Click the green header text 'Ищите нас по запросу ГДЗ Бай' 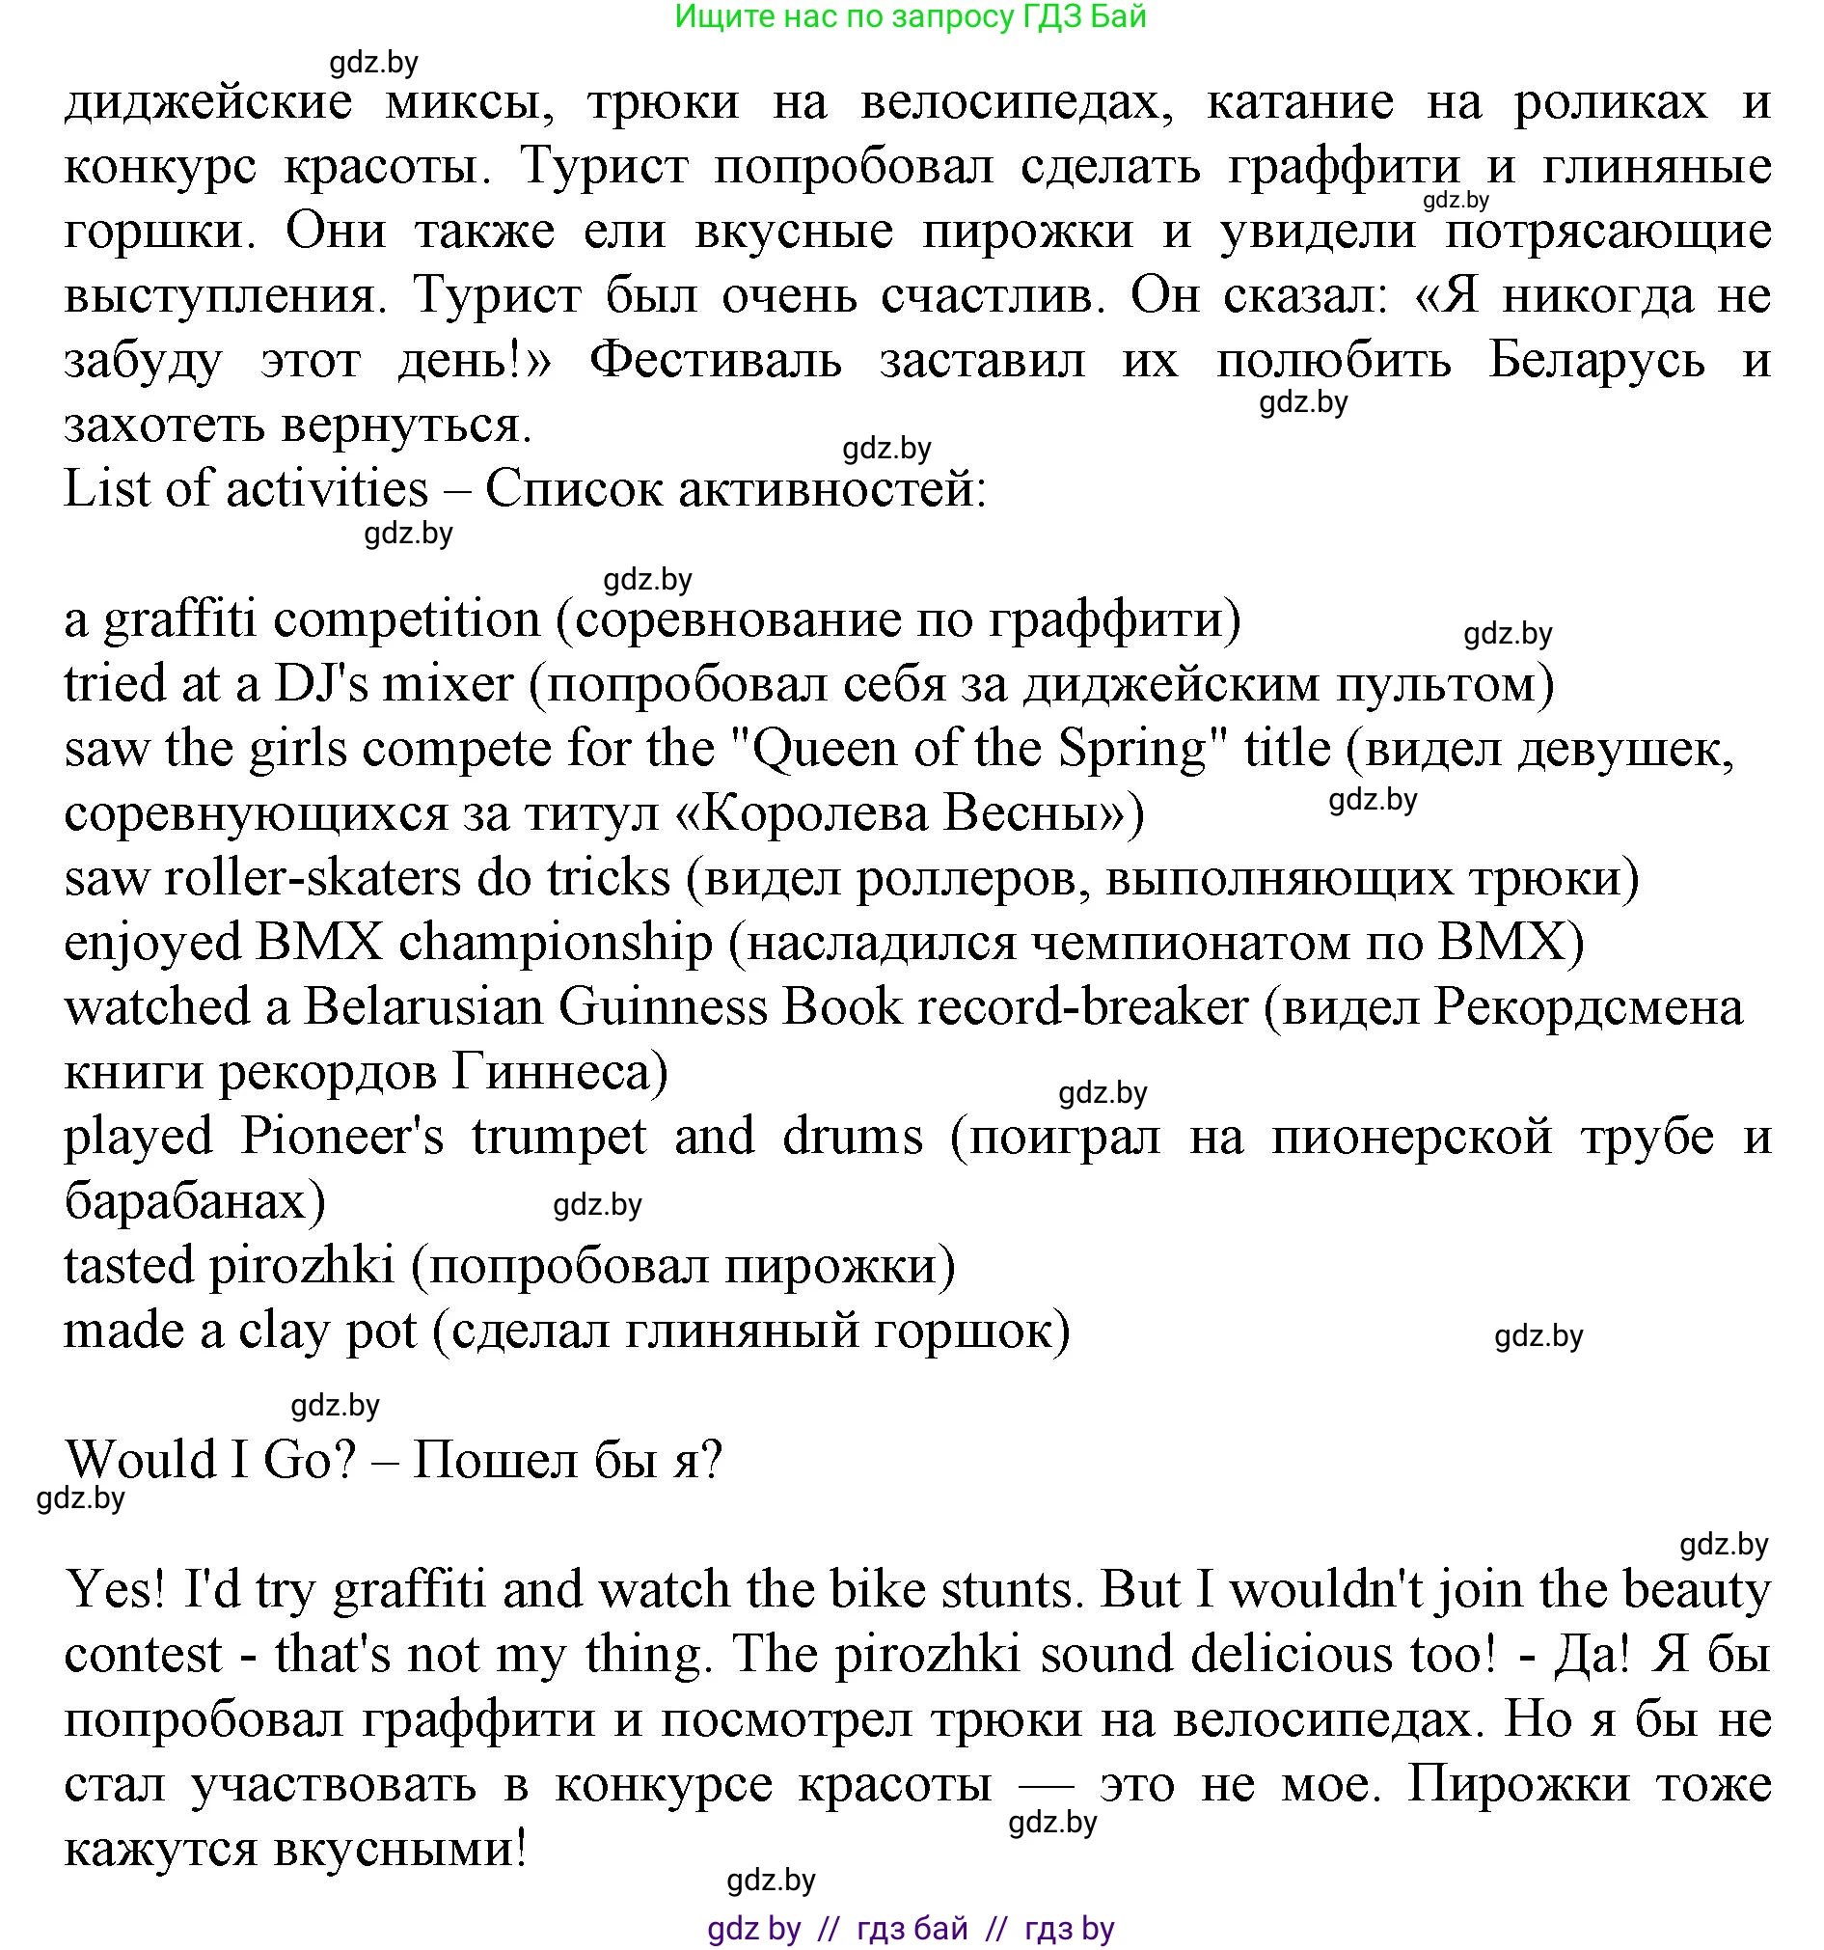pos(910,16)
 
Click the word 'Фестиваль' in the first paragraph pos(716,361)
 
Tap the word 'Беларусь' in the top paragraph pos(1597,361)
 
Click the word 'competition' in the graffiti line pos(407,619)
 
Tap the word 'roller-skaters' pos(312,878)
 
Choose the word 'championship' pos(556,943)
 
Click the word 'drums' pos(852,1137)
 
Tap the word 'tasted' pos(129,1266)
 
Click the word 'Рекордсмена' pos(1589,1007)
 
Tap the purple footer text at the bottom pos(910,1929)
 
